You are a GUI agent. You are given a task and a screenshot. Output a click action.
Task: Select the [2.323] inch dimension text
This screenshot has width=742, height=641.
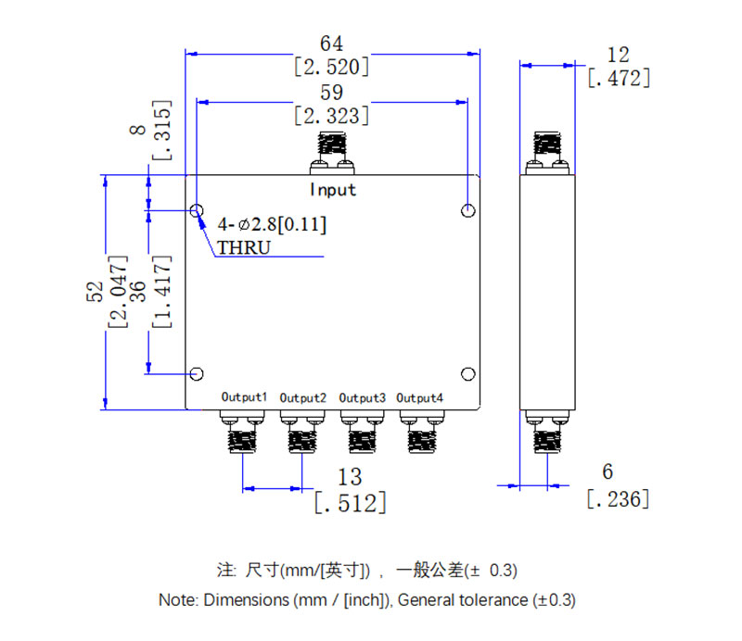tap(331, 116)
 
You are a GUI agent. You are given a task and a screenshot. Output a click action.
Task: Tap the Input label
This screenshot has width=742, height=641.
tap(332, 190)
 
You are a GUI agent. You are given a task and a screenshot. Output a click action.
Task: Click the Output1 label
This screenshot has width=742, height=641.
tap(244, 397)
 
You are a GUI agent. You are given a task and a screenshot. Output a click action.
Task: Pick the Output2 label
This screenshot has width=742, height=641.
tap(302, 397)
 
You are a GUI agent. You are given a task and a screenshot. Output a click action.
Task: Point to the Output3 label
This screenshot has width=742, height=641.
tap(362, 397)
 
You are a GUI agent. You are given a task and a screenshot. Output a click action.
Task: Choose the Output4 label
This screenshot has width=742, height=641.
tap(420, 397)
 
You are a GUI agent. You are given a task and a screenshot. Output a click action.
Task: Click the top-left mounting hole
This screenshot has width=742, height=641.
tap(197, 211)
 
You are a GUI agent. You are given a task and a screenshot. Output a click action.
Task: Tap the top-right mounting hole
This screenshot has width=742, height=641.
tap(467, 211)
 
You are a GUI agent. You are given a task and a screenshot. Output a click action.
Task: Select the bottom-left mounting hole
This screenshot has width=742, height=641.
tap(197, 374)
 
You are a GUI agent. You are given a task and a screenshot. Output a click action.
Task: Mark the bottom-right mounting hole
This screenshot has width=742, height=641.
tap(467, 374)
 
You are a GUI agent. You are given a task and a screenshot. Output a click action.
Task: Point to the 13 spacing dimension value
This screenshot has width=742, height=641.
tap(350, 477)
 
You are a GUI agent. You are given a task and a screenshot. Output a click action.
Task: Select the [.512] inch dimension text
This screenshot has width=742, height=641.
tap(350, 503)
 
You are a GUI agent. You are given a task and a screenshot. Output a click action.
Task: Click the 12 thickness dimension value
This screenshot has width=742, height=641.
tap(618, 54)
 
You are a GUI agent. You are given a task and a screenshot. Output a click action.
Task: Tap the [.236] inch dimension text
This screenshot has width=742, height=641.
tap(618, 498)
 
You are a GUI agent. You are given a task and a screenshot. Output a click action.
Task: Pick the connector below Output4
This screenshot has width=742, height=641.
tap(420, 432)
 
